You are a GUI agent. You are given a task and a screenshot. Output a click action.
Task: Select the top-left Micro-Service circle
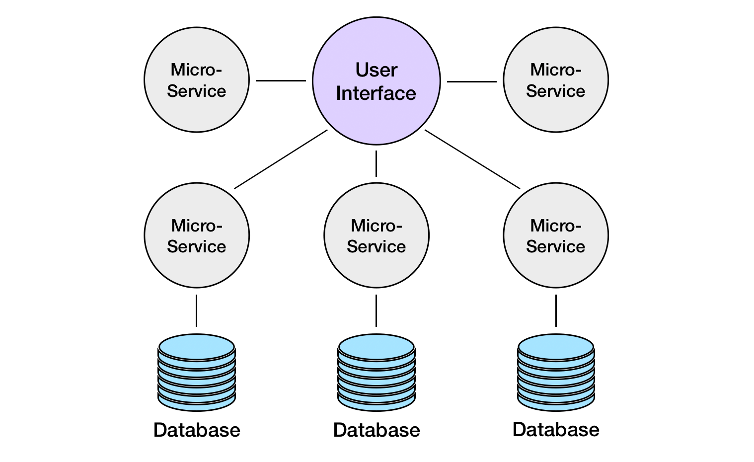[x=197, y=80]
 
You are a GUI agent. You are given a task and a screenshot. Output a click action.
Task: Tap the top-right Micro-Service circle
[x=555, y=80]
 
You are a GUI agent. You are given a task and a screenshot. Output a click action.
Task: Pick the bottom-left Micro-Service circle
[x=197, y=235]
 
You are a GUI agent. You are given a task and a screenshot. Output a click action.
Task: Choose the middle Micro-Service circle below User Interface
[x=376, y=235]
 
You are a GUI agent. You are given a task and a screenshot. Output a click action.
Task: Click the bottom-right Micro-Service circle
[x=555, y=235]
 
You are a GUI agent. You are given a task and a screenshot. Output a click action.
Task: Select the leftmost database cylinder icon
[x=197, y=373]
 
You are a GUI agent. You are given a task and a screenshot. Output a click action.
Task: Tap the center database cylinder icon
[x=376, y=373]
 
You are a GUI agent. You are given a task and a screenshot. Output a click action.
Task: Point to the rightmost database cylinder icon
[x=555, y=373]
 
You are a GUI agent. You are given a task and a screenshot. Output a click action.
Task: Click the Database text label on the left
[x=197, y=430]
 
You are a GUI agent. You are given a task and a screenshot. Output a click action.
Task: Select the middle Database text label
[x=376, y=430]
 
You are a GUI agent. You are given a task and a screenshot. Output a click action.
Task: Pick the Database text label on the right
[x=555, y=430]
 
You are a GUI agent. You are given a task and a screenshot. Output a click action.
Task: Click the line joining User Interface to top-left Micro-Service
[x=281, y=80]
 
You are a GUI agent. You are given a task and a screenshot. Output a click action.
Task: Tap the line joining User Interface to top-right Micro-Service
[x=471, y=81]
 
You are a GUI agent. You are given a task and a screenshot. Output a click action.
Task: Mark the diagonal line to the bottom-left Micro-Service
[x=281, y=159]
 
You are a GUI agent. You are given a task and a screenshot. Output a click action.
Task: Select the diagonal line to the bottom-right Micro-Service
[x=472, y=159]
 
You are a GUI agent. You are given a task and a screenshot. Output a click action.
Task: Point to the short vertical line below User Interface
[x=376, y=163]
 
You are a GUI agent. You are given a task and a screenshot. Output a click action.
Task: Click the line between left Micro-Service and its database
[x=197, y=310]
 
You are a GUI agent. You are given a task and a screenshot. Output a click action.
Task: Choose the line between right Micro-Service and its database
[x=555, y=310]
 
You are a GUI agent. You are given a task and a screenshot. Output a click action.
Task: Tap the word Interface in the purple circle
[x=376, y=93]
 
